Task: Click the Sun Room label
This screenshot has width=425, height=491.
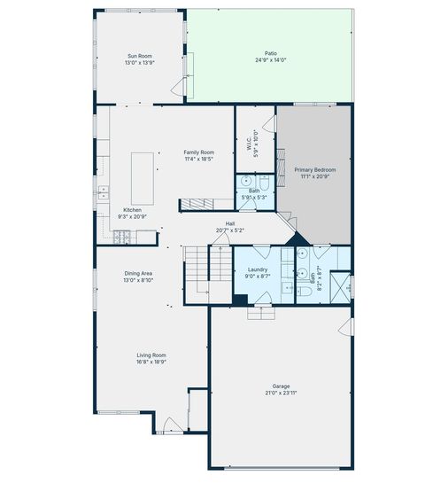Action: click(x=140, y=56)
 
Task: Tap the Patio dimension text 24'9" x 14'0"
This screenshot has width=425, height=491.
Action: click(x=271, y=59)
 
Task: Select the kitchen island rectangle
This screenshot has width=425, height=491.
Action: click(x=143, y=179)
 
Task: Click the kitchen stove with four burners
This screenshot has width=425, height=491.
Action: click(x=121, y=237)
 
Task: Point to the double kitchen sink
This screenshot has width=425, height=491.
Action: click(x=104, y=192)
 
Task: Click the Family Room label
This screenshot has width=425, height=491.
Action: click(x=199, y=152)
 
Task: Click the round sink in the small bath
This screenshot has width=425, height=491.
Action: click(x=246, y=181)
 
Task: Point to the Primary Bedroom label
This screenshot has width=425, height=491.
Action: click(x=315, y=169)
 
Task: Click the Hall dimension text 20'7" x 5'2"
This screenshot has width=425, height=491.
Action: click(x=230, y=230)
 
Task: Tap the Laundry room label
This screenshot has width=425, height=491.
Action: click(x=258, y=269)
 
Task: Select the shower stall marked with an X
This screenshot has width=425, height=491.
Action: click(x=340, y=287)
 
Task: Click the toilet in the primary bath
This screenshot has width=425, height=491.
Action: click(x=305, y=292)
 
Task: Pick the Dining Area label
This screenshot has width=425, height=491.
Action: click(x=138, y=273)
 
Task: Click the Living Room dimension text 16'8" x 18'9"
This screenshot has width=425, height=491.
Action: click(x=151, y=362)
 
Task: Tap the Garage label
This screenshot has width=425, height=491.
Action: click(x=281, y=386)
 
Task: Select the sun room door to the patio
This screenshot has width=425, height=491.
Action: click(x=179, y=87)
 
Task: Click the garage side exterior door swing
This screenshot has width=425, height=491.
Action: click(x=346, y=327)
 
